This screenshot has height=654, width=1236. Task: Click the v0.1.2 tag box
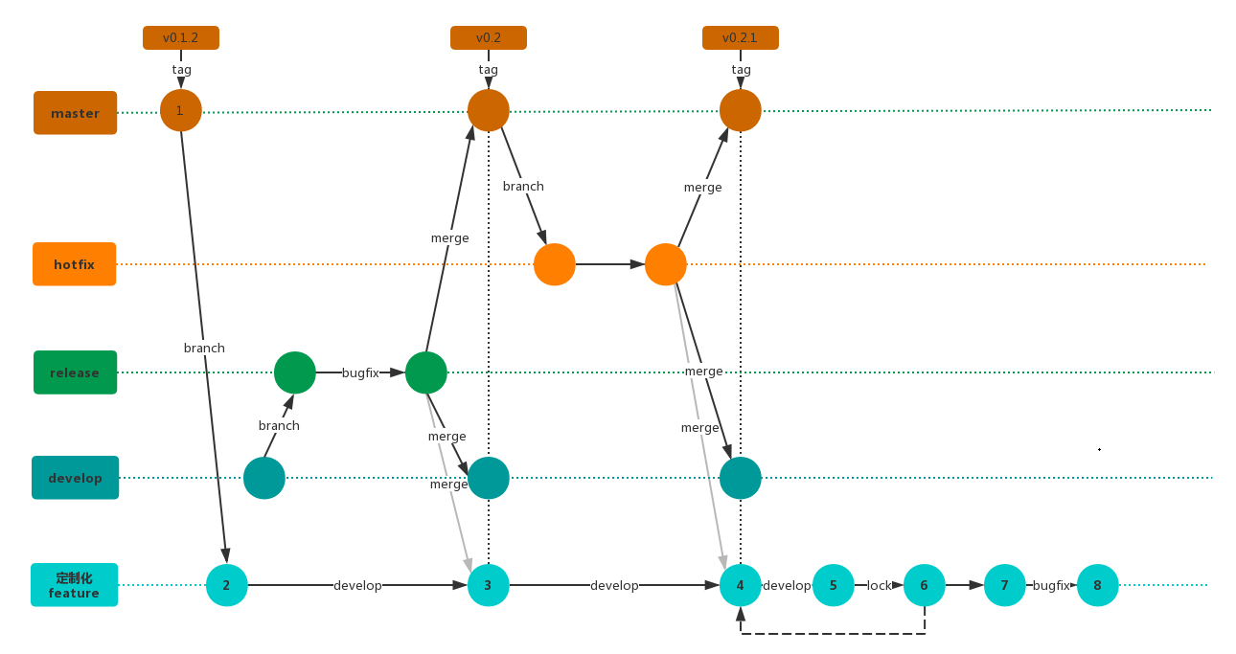(x=181, y=38)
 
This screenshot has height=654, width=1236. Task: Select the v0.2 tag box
(x=489, y=38)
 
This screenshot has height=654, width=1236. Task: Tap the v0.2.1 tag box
(x=740, y=38)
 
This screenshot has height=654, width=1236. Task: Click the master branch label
(x=75, y=113)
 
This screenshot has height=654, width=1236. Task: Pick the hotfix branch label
(x=74, y=264)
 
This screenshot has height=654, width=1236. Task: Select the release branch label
(x=75, y=372)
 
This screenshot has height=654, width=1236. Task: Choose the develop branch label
(x=75, y=478)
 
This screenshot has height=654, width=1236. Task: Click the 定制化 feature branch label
(x=74, y=585)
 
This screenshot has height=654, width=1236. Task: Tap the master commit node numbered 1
(x=181, y=110)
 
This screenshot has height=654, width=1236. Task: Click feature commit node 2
(x=227, y=585)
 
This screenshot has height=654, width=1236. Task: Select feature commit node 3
(x=489, y=585)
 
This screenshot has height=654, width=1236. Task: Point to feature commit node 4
(x=740, y=585)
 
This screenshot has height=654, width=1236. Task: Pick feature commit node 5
(x=834, y=585)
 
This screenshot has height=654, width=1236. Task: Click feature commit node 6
(x=925, y=585)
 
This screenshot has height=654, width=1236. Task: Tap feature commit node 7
(x=1004, y=585)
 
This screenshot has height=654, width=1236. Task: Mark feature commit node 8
(x=1098, y=585)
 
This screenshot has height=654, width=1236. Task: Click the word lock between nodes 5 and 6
(x=879, y=586)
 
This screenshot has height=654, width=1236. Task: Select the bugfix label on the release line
(x=360, y=373)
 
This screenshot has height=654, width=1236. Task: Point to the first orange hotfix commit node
(x=555, y=264)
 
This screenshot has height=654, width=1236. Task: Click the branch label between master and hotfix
(x=523, y=187)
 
